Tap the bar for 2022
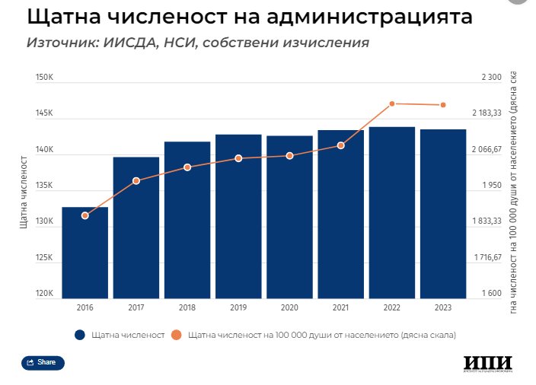tap(392, 212)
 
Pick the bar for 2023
tap(443, 214)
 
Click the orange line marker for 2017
tap(136, 180)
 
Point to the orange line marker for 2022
tap(392, 103)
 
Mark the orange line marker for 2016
tap(85, 215)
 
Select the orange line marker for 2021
tap(341, 145)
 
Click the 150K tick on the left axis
tap(43, 78)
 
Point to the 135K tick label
tap(43, 186)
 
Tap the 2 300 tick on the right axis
tap(491, 78)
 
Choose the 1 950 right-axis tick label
tap(491, 186)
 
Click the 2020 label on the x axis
tap(289, 307)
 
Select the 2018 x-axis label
tap(187, 307)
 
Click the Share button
tap(43, 363)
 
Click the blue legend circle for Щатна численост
tap(79, 334)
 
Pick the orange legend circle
tap(176, 334)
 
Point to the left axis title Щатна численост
tap(24, 191)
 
